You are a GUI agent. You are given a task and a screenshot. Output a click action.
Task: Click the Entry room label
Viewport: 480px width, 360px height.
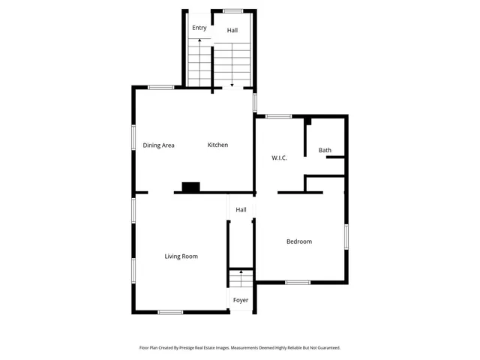pyautogui.click(x=199, y=28)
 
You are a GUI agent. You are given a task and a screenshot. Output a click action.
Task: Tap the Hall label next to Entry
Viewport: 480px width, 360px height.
pyautogui.click(x=232, y=31)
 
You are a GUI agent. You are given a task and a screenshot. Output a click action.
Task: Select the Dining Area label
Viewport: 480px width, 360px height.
pyautogui.click(x=158, y=145)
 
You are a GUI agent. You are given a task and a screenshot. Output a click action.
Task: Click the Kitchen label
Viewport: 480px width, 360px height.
pyautogui.click(x=217, y=145)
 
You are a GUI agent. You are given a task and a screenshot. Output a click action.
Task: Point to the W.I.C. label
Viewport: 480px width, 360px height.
pyautogui.click(x=280, y=157)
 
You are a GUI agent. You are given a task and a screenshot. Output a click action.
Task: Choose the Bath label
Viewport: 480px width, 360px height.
pyautogui.click(x=325, y=151)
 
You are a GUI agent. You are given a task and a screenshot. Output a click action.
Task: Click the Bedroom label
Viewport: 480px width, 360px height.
pyautogui.click(x=299, y=241)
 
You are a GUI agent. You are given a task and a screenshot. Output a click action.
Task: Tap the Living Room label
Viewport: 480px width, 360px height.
pyautogui.click(x=181, y=256)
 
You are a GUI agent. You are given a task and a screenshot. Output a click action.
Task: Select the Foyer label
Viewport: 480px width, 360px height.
pyautogui.click(x=241, y=300)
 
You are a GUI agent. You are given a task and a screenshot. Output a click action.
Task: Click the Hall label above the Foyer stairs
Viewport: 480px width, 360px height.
pyautogui.click(x=241, y=210)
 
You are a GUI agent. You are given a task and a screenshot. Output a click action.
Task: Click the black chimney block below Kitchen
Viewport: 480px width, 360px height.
pyautogui.click(x=191, y=187)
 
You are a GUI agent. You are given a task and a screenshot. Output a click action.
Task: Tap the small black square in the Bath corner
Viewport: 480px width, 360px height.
pyautogui.click(x=307, y=121)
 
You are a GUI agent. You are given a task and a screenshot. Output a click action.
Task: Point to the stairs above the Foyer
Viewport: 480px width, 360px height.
pyautogui.click(x=241, y=280)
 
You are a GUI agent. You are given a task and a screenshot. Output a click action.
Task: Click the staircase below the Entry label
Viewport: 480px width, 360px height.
pyautogui.click(x=199, y=64)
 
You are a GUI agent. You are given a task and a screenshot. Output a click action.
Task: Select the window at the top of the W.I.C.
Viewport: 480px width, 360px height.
pyautogui.click(x=279, y=115)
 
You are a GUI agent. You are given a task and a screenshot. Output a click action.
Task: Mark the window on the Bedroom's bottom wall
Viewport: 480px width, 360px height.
pyautogui.click(x=298, y=282)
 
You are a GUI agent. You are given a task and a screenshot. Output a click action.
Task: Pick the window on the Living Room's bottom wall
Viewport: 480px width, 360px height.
pyautogui.click(x=170, y=312)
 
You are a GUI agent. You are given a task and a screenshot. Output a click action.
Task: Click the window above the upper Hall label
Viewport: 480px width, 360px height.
pyautogui.click(x=232, y=10)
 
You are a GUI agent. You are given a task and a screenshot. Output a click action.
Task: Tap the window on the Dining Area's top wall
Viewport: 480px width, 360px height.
pyautogui.click(x=160, y=88)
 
